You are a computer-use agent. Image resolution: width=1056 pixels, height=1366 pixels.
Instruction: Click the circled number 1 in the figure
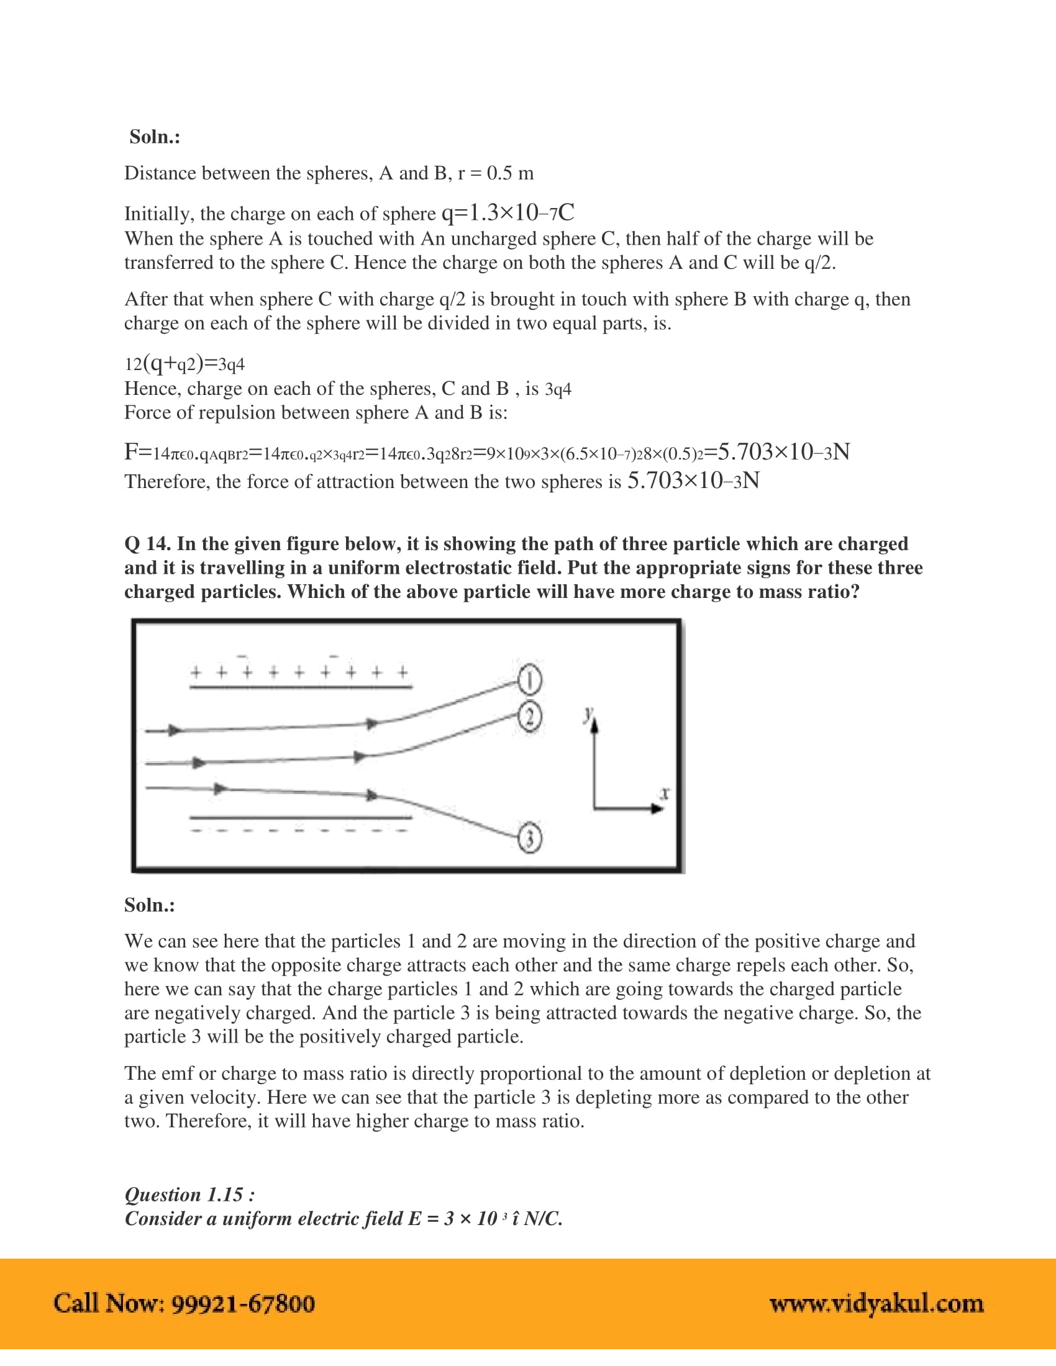(529, 680)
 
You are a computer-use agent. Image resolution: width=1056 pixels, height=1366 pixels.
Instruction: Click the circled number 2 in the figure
(529, 717)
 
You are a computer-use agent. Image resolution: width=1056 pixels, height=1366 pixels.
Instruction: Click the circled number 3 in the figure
(530, 839)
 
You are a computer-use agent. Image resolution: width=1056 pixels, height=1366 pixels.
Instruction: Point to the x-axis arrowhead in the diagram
(657, 808)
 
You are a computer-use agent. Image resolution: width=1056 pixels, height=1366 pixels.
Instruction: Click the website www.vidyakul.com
(876, 1303)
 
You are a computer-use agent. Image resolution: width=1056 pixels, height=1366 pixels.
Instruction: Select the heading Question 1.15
(189, 1195)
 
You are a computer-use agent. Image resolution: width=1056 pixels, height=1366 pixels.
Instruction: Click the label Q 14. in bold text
(148, 543)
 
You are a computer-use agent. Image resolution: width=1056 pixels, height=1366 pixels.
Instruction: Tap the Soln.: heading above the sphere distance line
(155, 137)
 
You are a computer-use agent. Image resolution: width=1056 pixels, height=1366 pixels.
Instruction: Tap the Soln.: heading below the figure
(150, 905)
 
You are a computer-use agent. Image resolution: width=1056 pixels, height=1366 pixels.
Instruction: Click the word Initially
(159, 214)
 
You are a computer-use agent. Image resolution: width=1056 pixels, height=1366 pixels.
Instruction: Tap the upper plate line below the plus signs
(300, 687)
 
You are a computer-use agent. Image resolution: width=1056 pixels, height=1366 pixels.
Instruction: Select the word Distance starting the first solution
(160, 173)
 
